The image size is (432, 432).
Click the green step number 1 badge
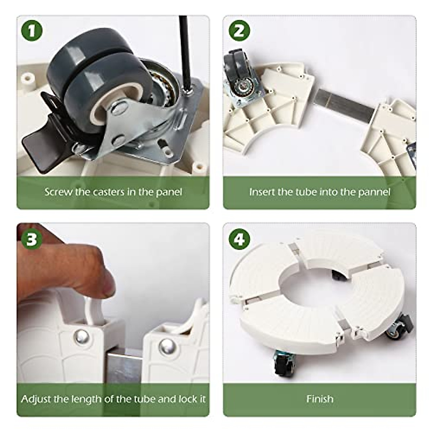point(32,31)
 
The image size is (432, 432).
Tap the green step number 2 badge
point(239,31)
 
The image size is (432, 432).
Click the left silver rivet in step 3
point(82,338)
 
